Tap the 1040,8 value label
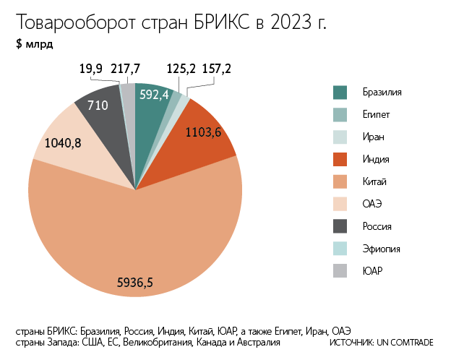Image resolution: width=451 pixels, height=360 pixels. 63,143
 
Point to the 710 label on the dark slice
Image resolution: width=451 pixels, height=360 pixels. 98,106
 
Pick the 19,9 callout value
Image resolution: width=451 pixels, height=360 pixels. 91,69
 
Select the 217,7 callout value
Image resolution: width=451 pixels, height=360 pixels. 126,69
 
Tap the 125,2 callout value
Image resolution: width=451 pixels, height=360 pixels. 181,69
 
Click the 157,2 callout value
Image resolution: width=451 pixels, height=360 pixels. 216,69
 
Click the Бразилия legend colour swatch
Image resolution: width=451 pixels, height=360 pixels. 340,93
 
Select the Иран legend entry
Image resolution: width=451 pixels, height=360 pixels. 374,137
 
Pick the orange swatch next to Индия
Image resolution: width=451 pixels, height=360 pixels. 340,159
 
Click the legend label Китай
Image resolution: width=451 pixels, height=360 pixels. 376,181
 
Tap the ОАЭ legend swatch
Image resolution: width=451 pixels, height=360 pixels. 340,204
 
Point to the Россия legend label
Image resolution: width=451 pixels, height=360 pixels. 378,226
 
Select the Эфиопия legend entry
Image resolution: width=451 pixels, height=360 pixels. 382,249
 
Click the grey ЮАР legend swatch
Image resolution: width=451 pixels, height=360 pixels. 340,271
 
